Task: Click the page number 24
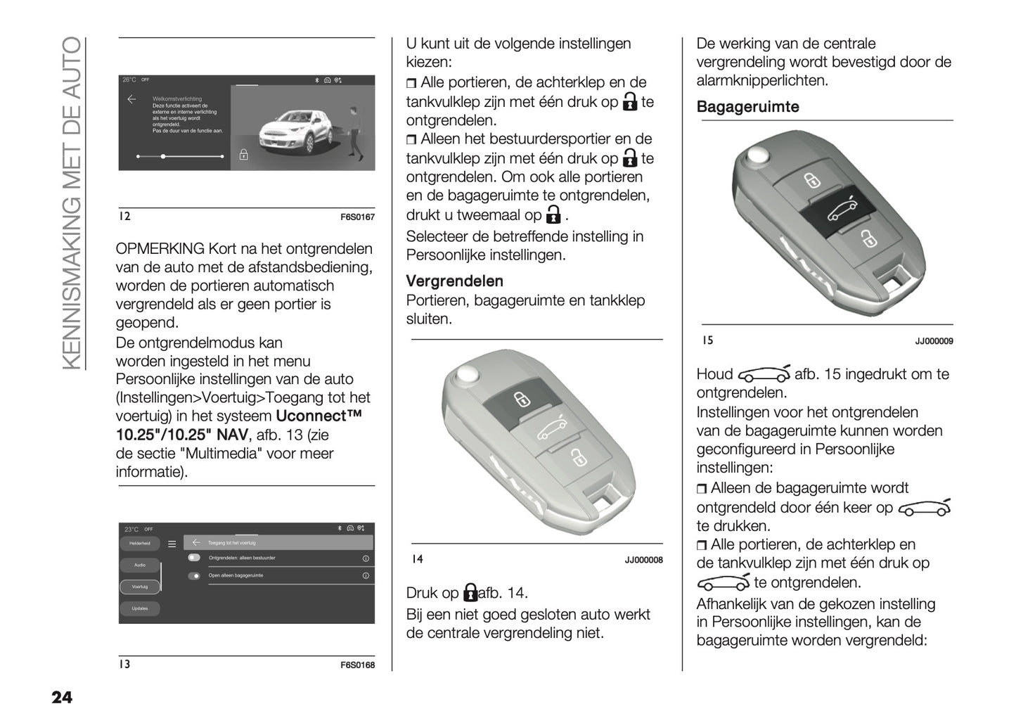(x=61, y=697)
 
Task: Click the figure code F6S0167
(x=357, y=217)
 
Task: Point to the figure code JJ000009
(x=934, y=341)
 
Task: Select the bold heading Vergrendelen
(x=454, y=281)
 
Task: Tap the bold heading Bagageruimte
(x=747, y=107)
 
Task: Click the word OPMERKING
(x=160, y=249)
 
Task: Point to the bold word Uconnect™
(x=320, y=416)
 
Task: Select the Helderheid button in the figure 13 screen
(x=139, y=544)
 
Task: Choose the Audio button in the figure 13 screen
(x=139, y=565)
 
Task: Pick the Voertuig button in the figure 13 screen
(x=139, y=587)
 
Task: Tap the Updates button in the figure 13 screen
(x=139, y=608)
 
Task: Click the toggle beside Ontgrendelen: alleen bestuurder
(x=194, y=558)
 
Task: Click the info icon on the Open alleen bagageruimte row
(x=366, y=575)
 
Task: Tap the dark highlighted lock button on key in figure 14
(x=521, y=400)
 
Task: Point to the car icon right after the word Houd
(x=764, y=374)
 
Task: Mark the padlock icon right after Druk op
(x=470, y=593)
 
